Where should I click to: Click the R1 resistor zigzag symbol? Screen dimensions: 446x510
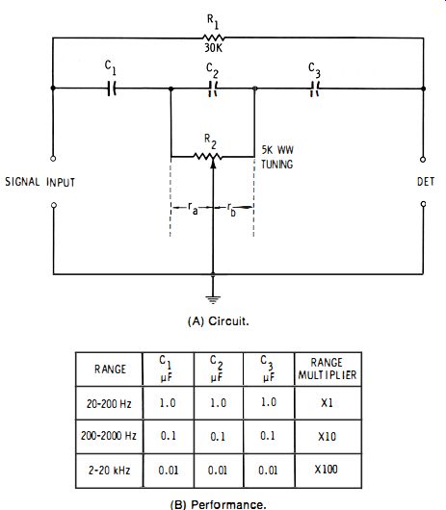[213, 38]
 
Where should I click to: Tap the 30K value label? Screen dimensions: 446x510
[213, 48]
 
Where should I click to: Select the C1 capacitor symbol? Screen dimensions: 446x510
[112, 89]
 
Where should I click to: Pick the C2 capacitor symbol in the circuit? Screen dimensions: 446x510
[213, 89]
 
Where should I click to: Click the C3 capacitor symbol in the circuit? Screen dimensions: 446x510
[314, 89]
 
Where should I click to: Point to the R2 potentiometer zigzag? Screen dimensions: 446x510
[208, 157]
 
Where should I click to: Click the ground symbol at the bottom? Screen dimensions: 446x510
[213, 299]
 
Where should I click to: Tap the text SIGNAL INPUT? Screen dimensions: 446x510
[40, 182]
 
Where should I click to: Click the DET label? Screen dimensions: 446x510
[426, 182]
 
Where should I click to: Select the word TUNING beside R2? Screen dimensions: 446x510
[277, 165]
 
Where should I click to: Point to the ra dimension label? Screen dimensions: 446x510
[193, 208]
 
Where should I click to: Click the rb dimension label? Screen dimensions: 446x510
[231, 209]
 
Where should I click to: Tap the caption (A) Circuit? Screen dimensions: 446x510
[219, 321]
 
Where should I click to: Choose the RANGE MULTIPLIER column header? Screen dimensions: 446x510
[328, 369]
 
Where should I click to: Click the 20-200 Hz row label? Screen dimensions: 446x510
[109, 403]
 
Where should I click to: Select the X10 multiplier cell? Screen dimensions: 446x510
[328, 436]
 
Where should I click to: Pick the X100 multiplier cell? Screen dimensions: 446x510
[327, 470]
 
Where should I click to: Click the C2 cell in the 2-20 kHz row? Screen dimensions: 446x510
[218, 470]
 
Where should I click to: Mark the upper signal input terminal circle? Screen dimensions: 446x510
[53, 159]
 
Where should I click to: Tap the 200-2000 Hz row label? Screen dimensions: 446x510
[109, 436]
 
